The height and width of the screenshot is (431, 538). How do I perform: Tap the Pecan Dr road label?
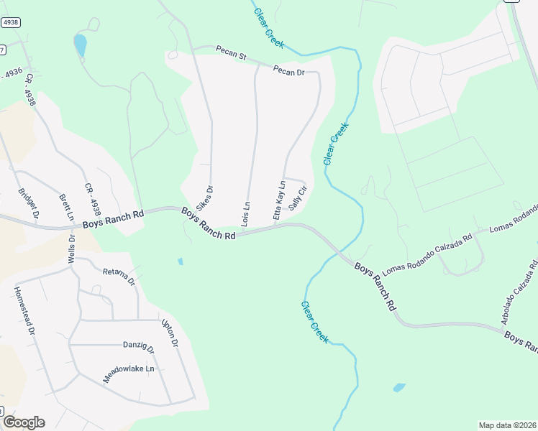(x=288, y=71)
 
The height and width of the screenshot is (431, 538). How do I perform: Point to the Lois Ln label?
(x=246, y=215)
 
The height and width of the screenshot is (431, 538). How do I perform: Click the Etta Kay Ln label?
(x=279, y=200)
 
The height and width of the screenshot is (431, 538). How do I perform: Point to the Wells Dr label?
(x=71, y=249)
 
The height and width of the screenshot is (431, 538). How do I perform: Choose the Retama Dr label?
(x=119, y=277)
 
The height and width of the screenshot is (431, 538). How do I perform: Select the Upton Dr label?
(x=169, y=332)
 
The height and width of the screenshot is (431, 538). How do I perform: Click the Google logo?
(x=24, y=422)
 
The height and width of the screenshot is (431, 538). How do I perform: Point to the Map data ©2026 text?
(x=506, y=425)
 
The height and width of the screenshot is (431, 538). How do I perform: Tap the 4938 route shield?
(x=10, y=23)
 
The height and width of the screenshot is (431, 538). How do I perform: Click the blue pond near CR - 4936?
(x=80, y=45)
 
